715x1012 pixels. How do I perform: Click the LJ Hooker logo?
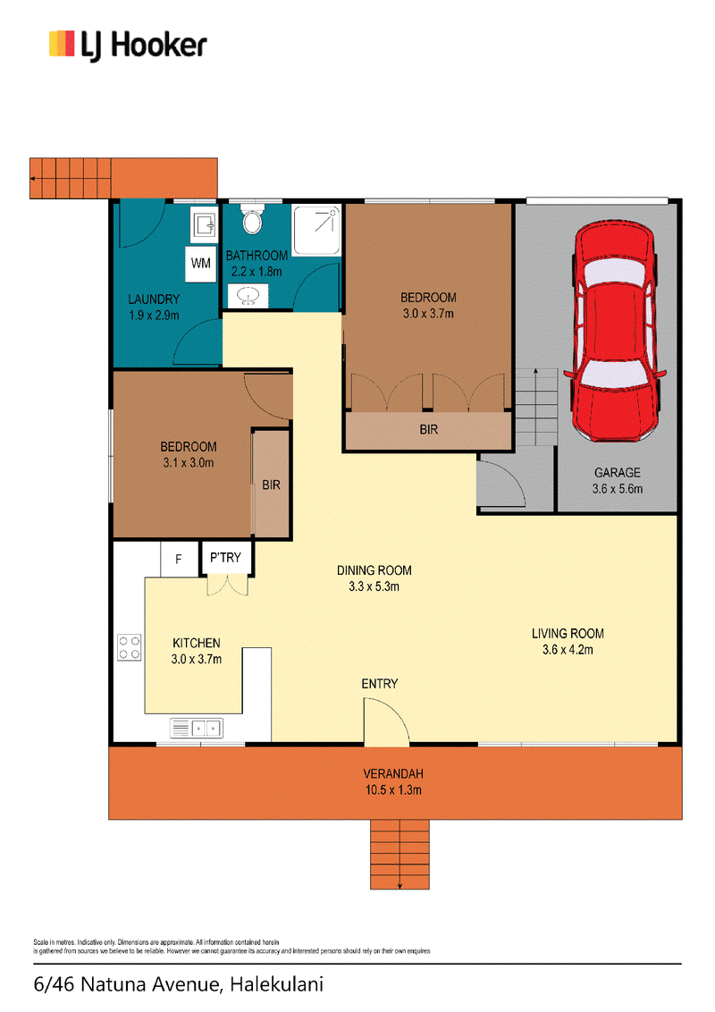128,46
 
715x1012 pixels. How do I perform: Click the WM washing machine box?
201,264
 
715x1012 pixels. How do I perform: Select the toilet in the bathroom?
252,220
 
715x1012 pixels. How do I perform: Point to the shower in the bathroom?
316,230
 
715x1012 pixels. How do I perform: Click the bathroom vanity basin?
248,296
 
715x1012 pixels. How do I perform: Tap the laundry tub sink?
204,225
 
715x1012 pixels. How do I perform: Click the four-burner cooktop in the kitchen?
129,647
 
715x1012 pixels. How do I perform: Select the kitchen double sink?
196,728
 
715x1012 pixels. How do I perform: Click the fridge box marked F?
179,559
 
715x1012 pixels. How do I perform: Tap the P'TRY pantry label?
225,557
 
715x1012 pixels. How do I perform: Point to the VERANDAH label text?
393,773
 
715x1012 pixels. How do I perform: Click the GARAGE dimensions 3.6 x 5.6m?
618,489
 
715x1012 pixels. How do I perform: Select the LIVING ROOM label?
568,633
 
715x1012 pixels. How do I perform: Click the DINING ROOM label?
374,569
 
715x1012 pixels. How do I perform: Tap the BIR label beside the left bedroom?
271,485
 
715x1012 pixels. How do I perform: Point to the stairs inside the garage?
535,407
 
